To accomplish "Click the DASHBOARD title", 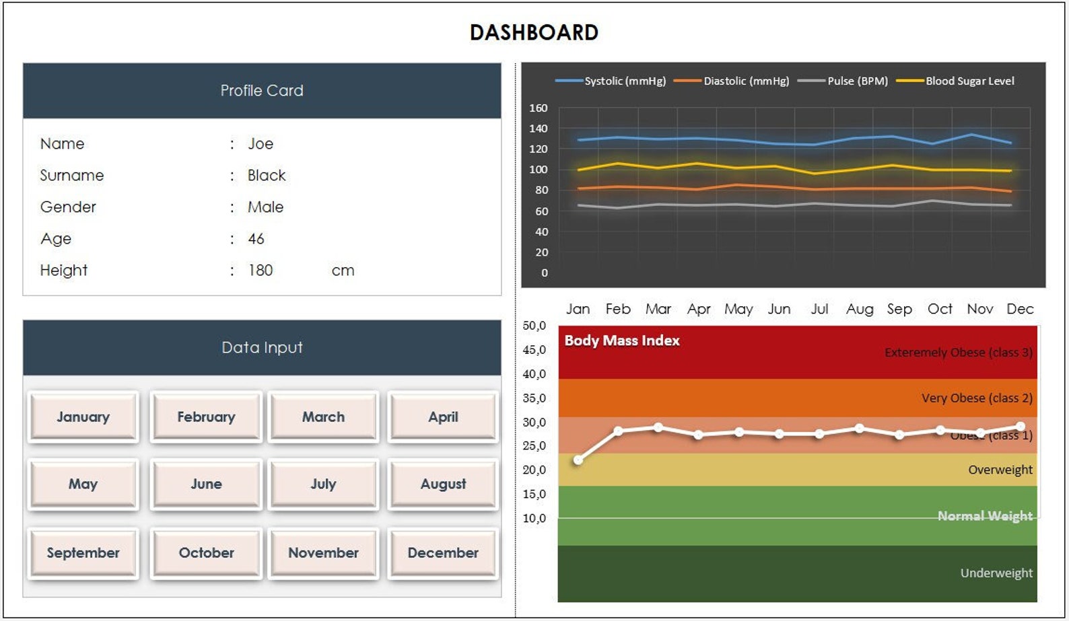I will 534,32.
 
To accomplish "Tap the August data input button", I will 443,484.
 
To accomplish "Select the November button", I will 323,552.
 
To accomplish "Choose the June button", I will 206,484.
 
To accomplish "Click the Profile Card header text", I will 262,90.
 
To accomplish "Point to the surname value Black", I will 267,176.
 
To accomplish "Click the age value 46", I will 256,239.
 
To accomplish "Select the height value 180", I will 261,270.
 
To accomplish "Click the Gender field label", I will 68,207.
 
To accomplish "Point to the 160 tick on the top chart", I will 539,108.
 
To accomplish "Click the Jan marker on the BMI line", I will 578,460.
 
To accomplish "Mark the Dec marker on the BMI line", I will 1021,427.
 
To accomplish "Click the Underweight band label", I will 996,573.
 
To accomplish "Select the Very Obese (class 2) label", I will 976,398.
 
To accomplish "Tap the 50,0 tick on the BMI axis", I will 534,326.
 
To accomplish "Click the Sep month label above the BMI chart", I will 899,309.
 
